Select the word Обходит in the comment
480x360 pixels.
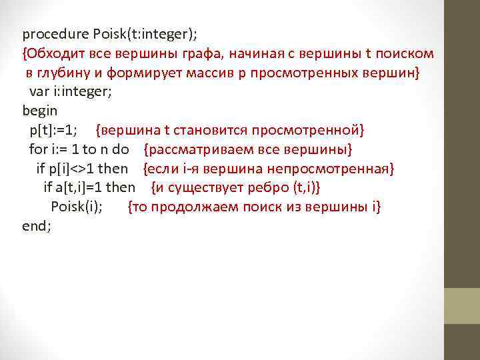[x=57, y=53]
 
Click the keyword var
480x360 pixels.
[x=39, y=91]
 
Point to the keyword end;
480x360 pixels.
[x=37, y=225]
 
